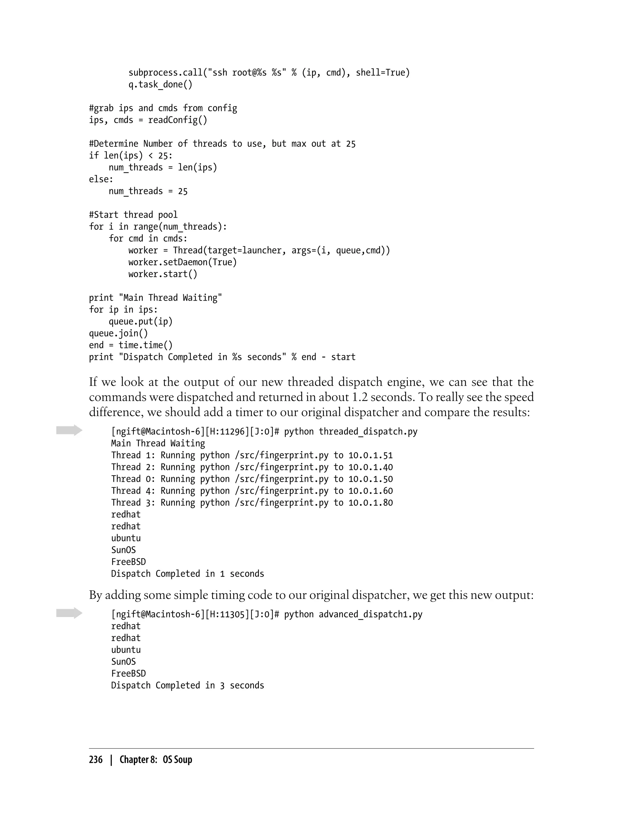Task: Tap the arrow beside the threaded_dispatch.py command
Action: (69, 430)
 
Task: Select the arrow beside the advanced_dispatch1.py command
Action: (69, 613)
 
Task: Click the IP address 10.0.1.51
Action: (371, 455)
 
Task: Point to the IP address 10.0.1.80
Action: (371, 503)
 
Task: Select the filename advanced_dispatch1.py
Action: (371, 615)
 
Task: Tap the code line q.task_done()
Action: (160, 84)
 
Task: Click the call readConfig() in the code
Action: (178, 120)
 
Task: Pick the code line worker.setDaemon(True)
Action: (183, 262)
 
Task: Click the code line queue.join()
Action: (118, 333)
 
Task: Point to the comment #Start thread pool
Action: (133, 215)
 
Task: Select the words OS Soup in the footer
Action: (177, 760)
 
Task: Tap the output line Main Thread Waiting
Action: (158, 443)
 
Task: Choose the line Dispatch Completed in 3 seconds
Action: (187, 685)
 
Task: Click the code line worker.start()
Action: (163, 274)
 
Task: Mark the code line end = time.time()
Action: (131, 345)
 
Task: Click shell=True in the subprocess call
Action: (383, 73)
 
